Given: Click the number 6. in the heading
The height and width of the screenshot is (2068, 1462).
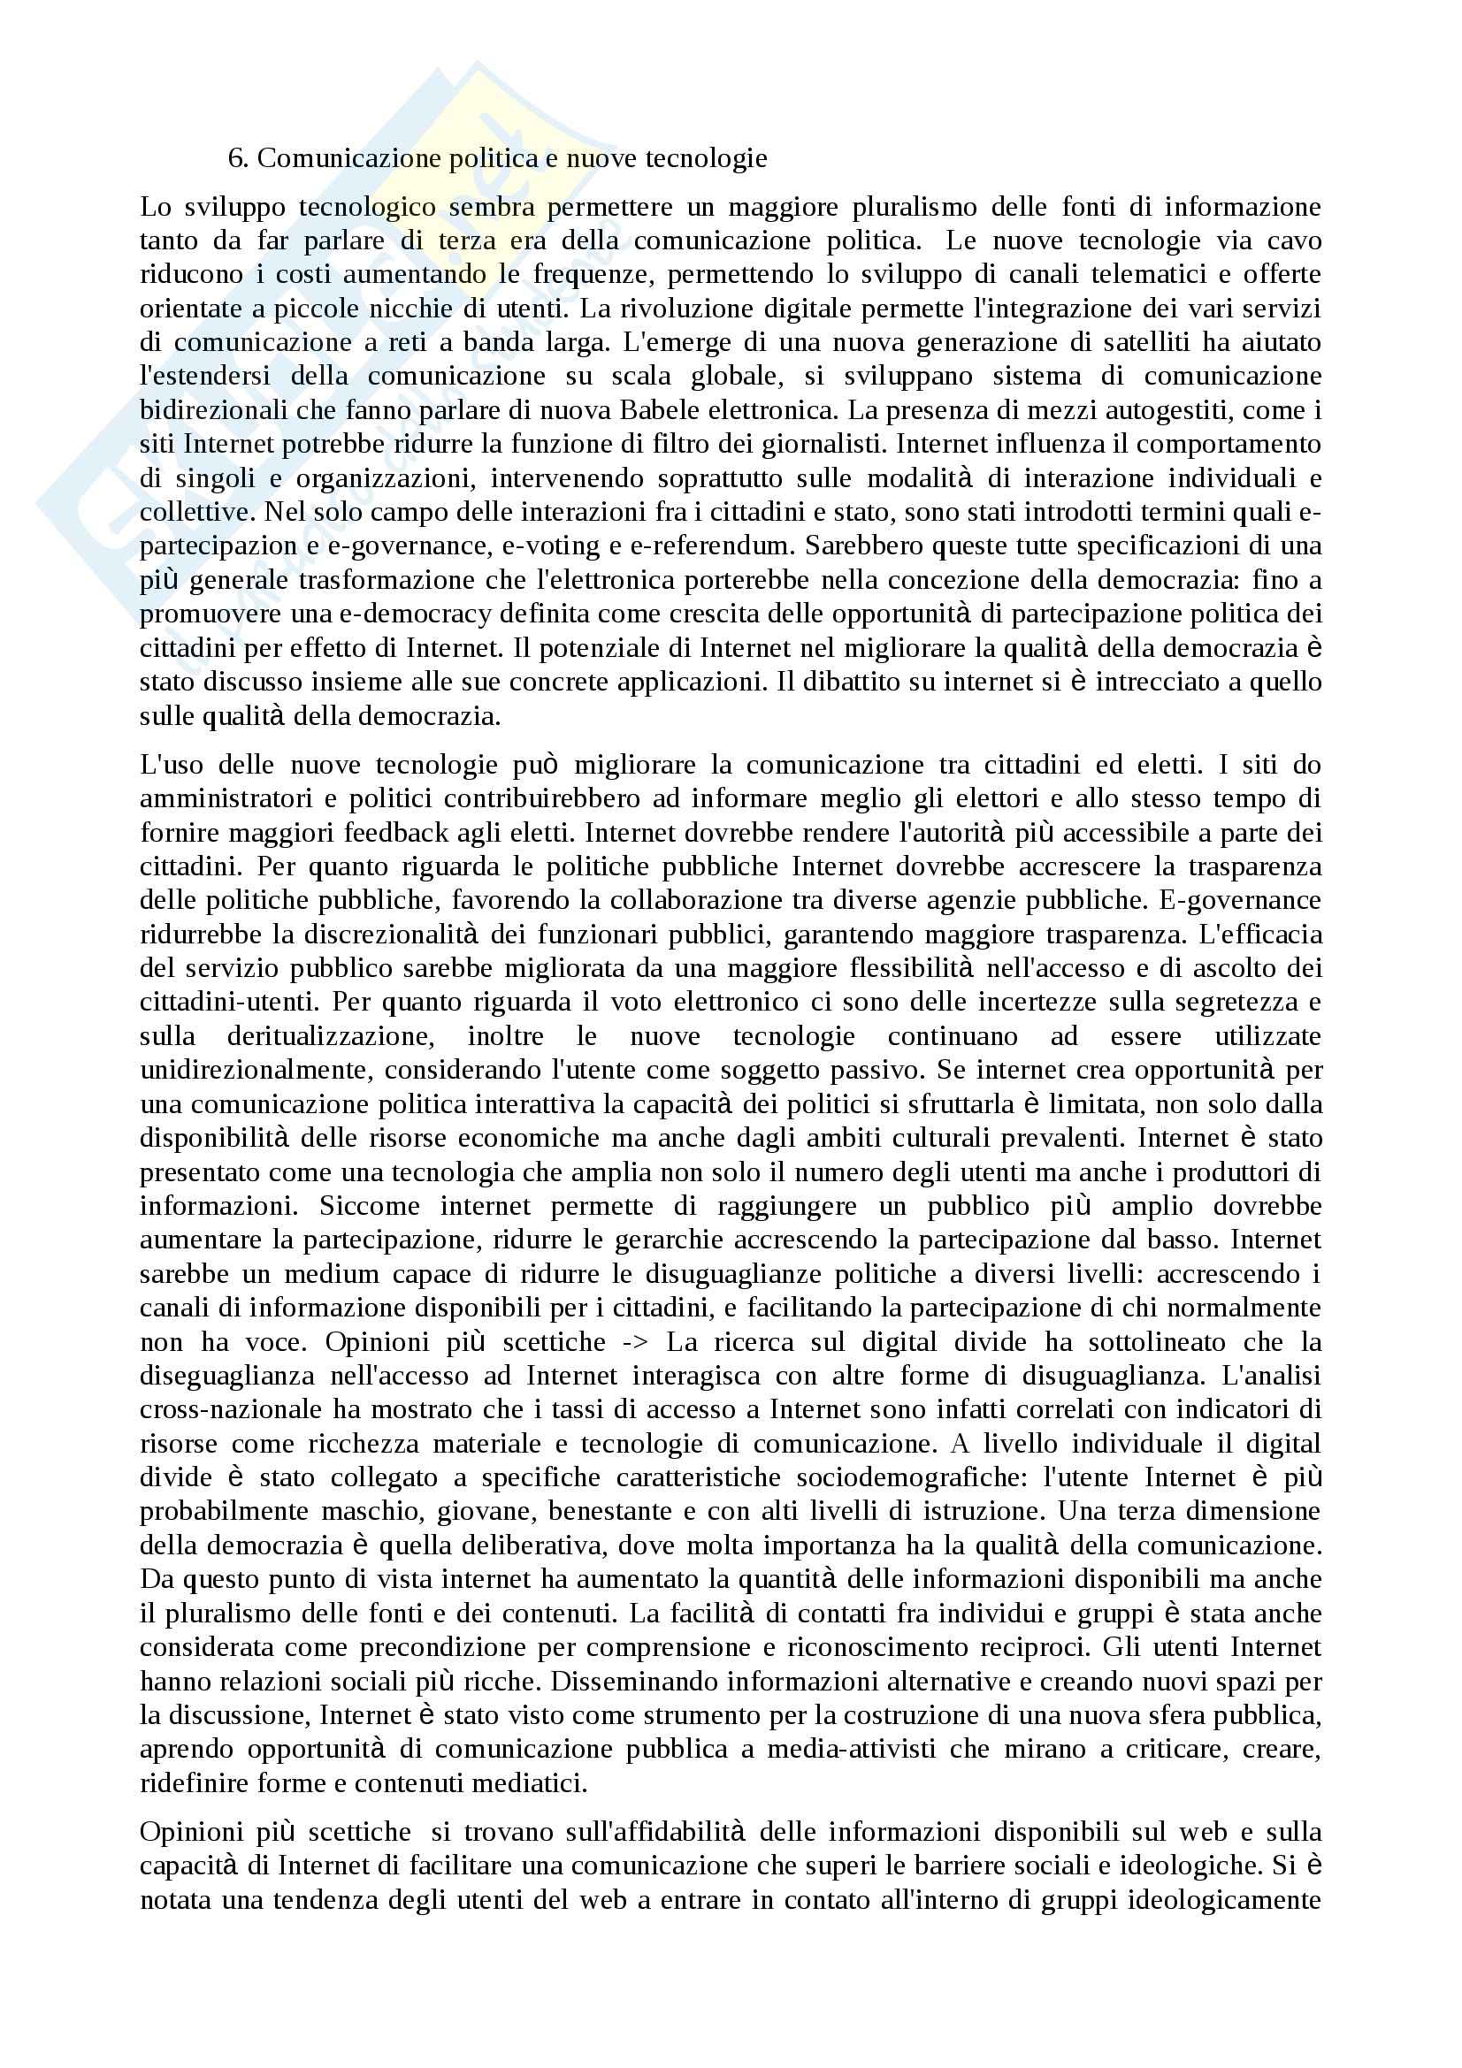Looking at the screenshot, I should tap(238, 158).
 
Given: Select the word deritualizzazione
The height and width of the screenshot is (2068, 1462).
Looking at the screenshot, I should tap(330, 1036).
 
